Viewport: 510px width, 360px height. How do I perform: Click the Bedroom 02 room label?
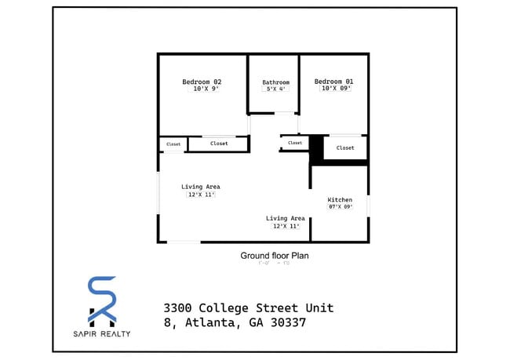click(202, 82)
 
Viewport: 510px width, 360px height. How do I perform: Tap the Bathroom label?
click(275, 82)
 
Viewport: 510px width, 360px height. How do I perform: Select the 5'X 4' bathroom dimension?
click(276, 89)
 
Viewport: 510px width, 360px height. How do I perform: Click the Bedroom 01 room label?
click(333, 81)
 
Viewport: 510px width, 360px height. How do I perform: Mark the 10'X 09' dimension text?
click(335, 89)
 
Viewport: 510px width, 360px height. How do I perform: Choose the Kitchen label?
click(340, 200)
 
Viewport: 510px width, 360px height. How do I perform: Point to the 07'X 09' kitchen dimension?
click(341, 207)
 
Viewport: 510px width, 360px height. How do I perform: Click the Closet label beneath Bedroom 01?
click(345, 147)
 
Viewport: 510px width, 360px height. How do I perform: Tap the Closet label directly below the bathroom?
click(295, 143)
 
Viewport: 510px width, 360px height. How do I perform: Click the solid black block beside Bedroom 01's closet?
click(316, 148)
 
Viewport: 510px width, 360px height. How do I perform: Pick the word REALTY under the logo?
click(115, 334)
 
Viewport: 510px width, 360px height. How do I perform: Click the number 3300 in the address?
click(178, 307)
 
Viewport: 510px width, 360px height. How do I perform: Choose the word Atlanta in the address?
click(208, 323)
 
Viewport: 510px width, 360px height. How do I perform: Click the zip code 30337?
click(285, 323)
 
